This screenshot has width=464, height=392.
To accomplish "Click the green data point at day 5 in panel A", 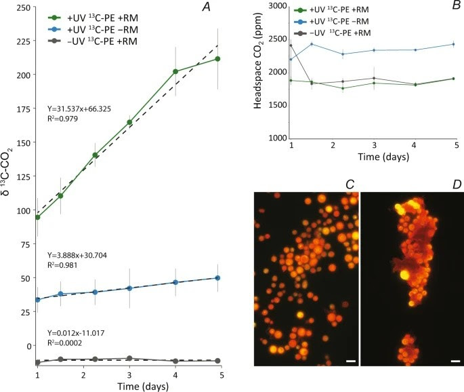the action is pyautogui.click(x=217, y=59).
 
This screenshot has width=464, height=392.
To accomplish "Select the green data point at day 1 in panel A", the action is pyautogui.click(x=37, y=217).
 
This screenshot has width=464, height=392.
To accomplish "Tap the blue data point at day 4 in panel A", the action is pyautogui.click(x=175, y=282).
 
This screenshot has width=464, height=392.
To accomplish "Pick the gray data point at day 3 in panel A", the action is pyautogui.click(x=129, y=358).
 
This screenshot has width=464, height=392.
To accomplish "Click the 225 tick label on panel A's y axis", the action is pyautogui.click(x=24, y=41).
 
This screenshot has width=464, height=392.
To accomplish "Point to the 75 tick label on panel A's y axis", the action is pyautogui.click(x=26, y=244).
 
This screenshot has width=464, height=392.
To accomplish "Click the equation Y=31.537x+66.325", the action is pyautogui.click(x=79, y=109).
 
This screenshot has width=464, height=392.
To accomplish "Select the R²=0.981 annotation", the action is pyautogui.click(x=62, y=265).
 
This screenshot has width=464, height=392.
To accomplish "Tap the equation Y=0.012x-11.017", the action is pyautogui.click(x=76, y=333).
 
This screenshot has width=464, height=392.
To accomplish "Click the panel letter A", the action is pyautogui.click(x=206, y=7).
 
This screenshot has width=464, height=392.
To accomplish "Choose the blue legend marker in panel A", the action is pyautogui.click(x=54, y=30).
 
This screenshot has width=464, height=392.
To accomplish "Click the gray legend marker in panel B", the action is pyautogui.click(x=300, y=33).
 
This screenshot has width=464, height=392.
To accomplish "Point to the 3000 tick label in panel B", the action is pyautogui.click(x=278, y=7).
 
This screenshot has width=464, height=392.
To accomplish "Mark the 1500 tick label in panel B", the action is pyautogui.click(x=278, y=105).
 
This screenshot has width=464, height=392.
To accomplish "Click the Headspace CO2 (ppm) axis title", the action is pyautogui.click(x=258, y=61).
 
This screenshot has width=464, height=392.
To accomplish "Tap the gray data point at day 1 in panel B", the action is pyautogui.click(x=291, y=45).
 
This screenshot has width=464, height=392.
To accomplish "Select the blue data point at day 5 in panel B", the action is pyautogui.click(x=454, y=45).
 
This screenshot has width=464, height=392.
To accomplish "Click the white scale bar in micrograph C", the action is pyautogui.click(x=351, y=361).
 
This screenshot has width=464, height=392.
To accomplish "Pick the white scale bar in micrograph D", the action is pyautogui.click(x=456, y=361).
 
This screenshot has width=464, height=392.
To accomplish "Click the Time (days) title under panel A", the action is pyautogui.click(x=143, y=387).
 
